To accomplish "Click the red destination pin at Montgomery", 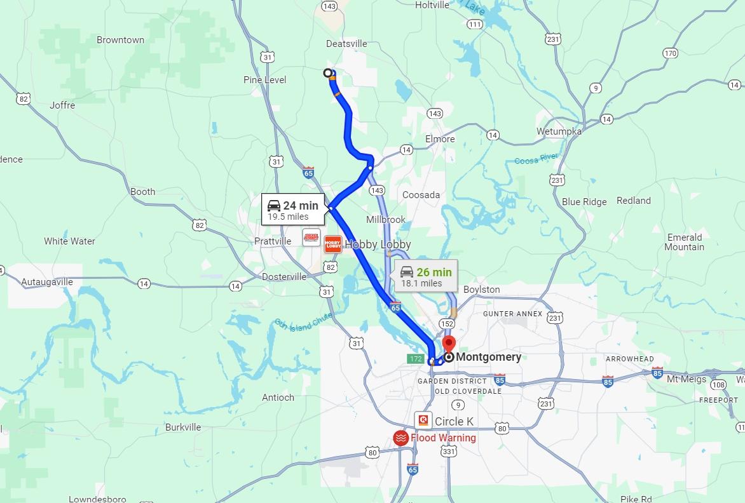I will pyautogui.click(x=449, y=344).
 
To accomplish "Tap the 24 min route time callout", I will pyautogui.click(x=292, y=210).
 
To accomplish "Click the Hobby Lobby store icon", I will pyautogui.click(x=332, y=245).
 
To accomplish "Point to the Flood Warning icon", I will pyautogui.click(x=400, y=438).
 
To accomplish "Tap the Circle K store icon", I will pyautogui.click(x=423, y=420).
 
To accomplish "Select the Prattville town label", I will pyautogui.click(x=272, y=241).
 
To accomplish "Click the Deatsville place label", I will pyautogui.click(x=346, y=44).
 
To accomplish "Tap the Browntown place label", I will pyautogui.click(x=120, y=40).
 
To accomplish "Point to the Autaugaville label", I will pyautogui.click(x=47, y=282).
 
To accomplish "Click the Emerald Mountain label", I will pyautogui.click(x=685, y=242).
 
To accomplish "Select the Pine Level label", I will pyautogui.click(x=264, y=80).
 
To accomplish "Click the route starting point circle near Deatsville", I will pyautogui.click(x=328, y=73).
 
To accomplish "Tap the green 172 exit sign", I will pyautogui.click(x=416, y=359).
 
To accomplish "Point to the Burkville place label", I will pyautogui.click(x=183, y=427).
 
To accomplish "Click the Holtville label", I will pyautogui.click(x=432, y=5).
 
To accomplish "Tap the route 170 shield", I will pyautogui.click(x=670, y=53).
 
